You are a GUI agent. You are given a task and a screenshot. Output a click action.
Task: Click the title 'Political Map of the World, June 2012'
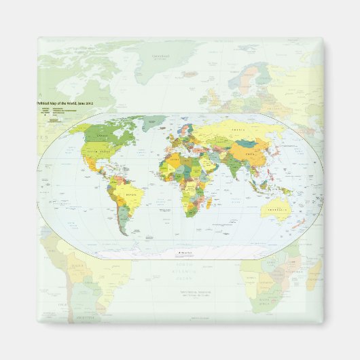pyautogui.click(x=65, y=102)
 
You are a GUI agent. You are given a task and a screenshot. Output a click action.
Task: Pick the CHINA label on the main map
pyautogui.click(x=249, y=154)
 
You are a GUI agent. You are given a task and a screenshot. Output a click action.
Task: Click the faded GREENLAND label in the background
pyautogui.click(x=162, y=55)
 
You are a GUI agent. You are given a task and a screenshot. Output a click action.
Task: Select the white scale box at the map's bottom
pyautogui.click(x=184, y=253)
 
